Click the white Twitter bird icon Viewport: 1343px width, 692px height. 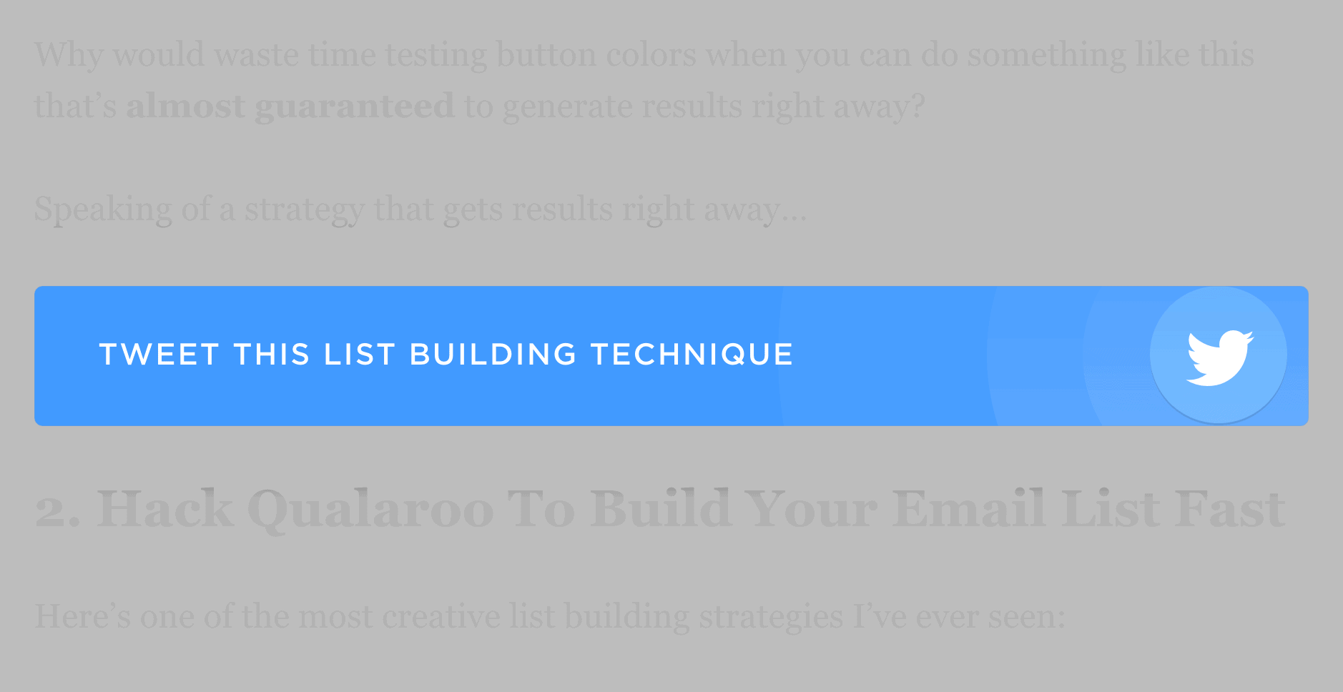click(1219, 356)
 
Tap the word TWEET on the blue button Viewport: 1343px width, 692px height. click(159, 355)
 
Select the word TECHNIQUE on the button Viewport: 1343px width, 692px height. click(692, 355)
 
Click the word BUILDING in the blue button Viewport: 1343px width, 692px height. click(493, 355)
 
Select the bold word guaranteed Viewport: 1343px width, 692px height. click(354, 107)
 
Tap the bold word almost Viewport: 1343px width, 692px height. click(185, 107)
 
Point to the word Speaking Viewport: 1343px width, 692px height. click(103, 210)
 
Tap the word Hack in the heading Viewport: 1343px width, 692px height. click(165, 509)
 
